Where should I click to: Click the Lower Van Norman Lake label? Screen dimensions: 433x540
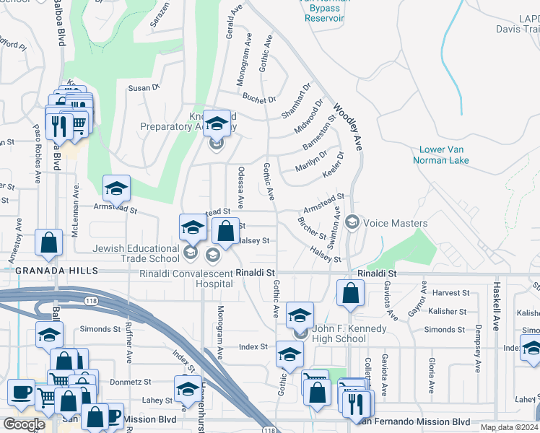click(444, 155)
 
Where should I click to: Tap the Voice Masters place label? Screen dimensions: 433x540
click(395, 223)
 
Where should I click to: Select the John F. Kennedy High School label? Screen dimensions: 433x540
click(349, 334)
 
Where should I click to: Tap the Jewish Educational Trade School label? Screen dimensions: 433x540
click(136, 253)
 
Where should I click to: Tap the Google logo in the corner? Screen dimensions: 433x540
click(24, 424)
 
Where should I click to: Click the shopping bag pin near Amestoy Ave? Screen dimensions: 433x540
click(48, 244)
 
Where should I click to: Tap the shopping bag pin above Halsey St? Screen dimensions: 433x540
click(225, 232)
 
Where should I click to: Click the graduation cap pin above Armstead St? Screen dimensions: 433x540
click(116, 189)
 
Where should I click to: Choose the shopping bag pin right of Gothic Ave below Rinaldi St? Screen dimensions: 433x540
click(350, 294)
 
